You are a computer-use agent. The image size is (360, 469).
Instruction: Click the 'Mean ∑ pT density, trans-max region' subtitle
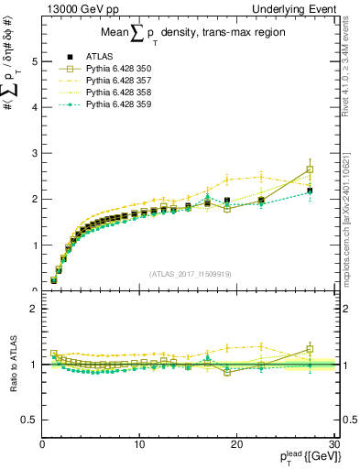click(189, 33)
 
